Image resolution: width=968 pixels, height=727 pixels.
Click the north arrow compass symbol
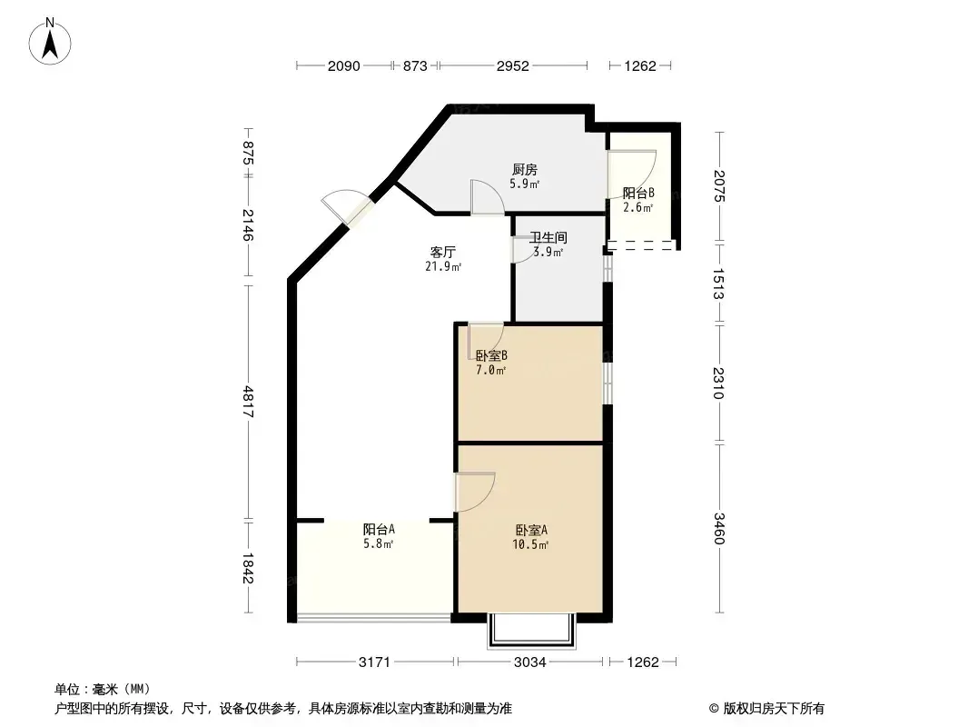tap(50, 42)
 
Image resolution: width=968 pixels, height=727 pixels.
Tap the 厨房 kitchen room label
tap(525, 169)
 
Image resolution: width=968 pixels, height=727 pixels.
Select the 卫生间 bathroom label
tap(548, 237)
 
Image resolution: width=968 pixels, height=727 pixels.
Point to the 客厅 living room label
tap(442, 252)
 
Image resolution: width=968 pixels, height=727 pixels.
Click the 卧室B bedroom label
tap(491, 356)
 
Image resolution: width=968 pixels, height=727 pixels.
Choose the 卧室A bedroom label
tap(531, 530)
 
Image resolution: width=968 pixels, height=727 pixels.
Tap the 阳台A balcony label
tap(379, 529)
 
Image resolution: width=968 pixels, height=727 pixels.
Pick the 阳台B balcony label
tap(638, 193)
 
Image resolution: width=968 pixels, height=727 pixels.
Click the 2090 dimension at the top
tap(344, 65)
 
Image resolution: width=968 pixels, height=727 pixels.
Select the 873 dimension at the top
tap(415, 65)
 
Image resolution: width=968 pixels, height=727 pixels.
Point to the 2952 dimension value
tap(513, 65)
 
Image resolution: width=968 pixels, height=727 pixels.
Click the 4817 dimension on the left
tap(248, 402)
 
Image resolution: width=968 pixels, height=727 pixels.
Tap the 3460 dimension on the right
tap(718, 529)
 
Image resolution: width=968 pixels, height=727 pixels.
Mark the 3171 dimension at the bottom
tap(375, 662)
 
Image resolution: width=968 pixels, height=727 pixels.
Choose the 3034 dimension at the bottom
tap(529, 662)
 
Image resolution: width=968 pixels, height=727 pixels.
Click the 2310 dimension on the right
tap(718, 383)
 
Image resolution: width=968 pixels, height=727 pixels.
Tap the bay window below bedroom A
tap(531, 631)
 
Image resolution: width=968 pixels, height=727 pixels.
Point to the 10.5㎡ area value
tap(530, 544)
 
